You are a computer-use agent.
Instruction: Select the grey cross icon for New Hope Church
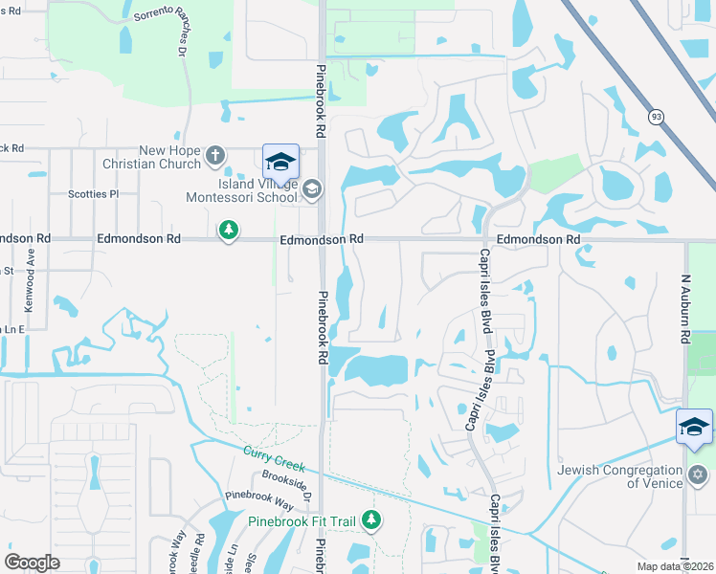point(216,154)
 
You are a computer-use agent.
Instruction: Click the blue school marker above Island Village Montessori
point(280,161)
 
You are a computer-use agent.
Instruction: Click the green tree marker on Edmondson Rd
point(229,231)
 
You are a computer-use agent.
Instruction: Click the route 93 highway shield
point(656,116)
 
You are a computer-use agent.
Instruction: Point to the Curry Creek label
point(274,458)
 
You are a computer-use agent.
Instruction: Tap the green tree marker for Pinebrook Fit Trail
point(371,520)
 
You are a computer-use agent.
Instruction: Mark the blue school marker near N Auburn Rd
point(694,427)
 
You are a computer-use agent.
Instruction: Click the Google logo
point(32,563)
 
